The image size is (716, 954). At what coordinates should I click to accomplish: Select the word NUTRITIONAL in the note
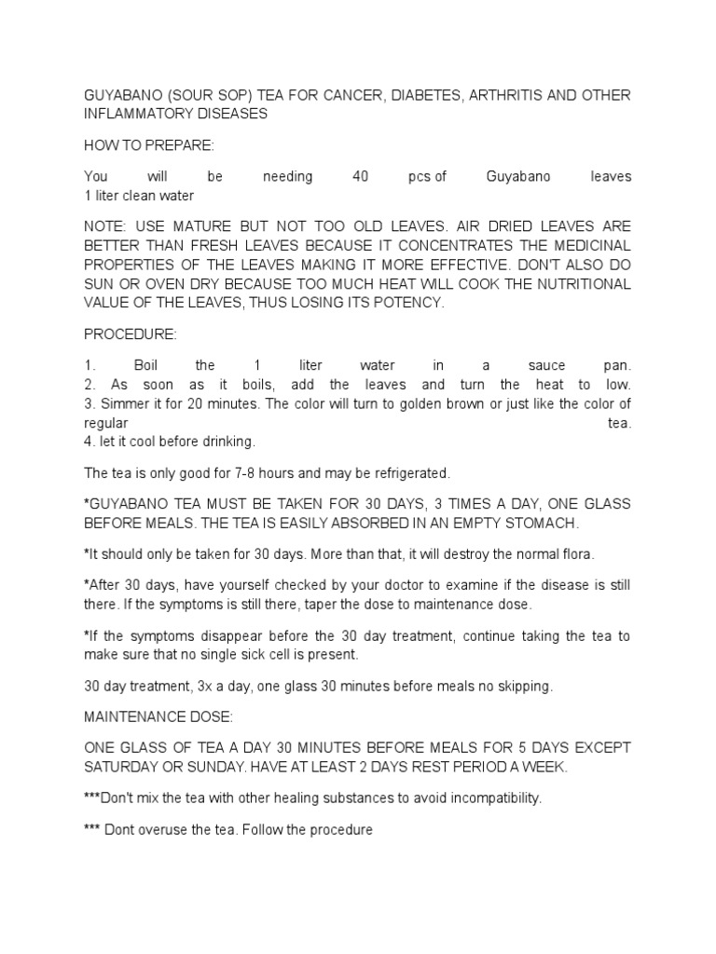(x=578, y=284)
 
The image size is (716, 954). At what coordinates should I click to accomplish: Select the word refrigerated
(x=412, y=472)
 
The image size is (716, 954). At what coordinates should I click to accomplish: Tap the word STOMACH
(x=544, y=523)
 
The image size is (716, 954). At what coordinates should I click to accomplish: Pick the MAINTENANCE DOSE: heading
(x=152, y=717)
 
